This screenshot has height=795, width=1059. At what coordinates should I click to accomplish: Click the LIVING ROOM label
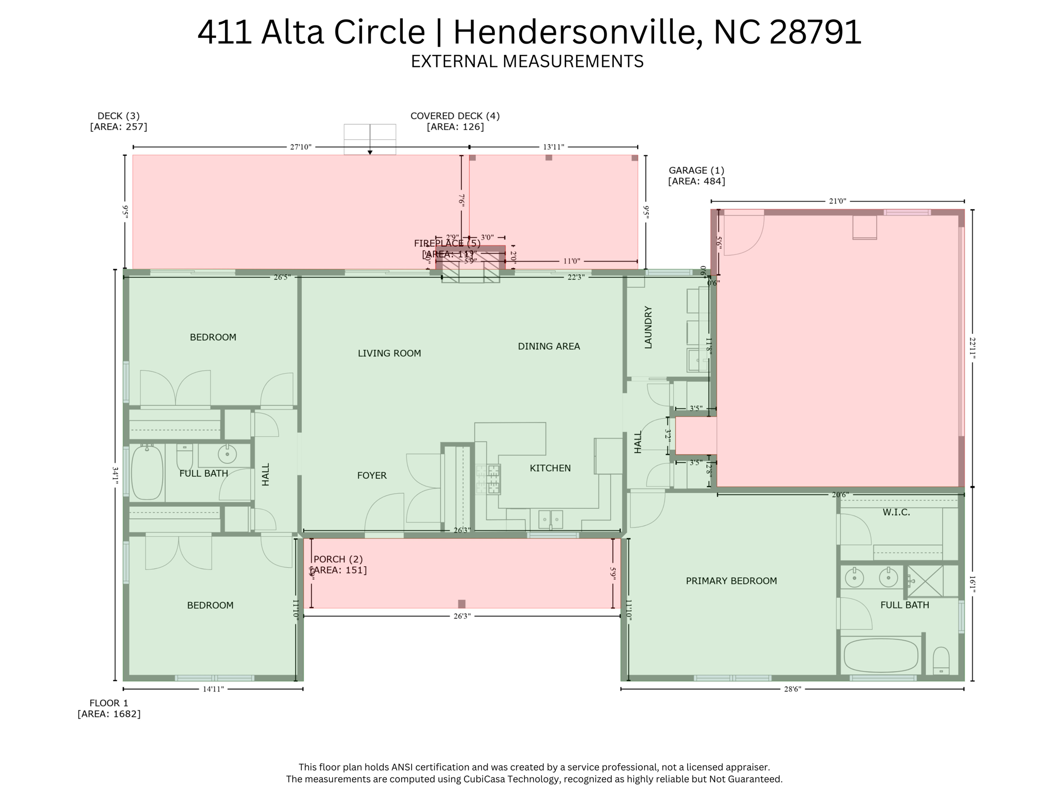point(389,353)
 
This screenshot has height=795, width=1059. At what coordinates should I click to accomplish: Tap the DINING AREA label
point(549,346)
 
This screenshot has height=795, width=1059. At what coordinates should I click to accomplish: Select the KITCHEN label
point(550,468)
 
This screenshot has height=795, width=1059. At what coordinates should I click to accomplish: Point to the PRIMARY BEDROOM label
point(731,581)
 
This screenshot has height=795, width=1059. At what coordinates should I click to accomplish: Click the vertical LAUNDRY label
point(648,327)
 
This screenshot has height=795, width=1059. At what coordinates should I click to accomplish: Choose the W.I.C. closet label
point(896,512)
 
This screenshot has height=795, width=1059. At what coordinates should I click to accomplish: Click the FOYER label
point(372,475)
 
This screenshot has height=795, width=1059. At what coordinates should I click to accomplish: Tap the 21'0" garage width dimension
point(837,201)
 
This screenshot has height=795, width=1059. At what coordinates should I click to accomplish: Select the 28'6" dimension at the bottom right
point(792,689)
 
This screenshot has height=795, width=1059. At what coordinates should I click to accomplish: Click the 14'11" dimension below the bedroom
point(213,689)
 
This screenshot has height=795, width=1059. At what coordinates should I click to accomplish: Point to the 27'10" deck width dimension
point(300,147)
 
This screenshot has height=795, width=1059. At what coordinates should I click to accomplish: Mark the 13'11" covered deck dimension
point(553,147)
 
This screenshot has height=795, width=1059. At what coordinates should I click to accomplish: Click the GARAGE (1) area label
point(696,175)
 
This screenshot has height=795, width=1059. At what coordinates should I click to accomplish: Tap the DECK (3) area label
point(118,121)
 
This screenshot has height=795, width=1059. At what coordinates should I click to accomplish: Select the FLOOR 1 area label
point(109,708)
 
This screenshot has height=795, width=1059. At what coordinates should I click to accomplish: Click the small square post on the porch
point(462,603)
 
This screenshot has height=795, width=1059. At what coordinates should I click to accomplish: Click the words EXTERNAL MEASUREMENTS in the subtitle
point(527,61)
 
